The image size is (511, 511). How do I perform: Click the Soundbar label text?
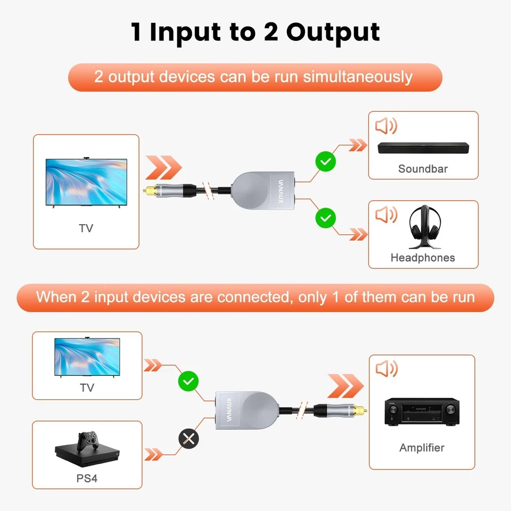423,169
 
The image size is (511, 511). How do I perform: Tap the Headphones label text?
423,258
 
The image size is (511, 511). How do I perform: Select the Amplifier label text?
422,448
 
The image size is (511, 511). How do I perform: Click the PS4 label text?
87,478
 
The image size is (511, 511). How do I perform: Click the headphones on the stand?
424,228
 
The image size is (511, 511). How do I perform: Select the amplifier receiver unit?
422,413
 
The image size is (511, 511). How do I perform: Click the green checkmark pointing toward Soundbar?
325,161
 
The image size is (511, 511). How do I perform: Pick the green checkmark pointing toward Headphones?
325,217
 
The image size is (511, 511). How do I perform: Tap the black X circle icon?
188,439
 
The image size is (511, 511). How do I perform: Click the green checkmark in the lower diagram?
188,381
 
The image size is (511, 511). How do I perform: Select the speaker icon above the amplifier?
386,369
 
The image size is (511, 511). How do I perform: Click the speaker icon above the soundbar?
386,126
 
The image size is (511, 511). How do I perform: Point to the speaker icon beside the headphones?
386,215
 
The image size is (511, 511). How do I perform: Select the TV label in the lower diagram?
87,388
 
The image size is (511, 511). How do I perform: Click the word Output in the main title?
333,32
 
